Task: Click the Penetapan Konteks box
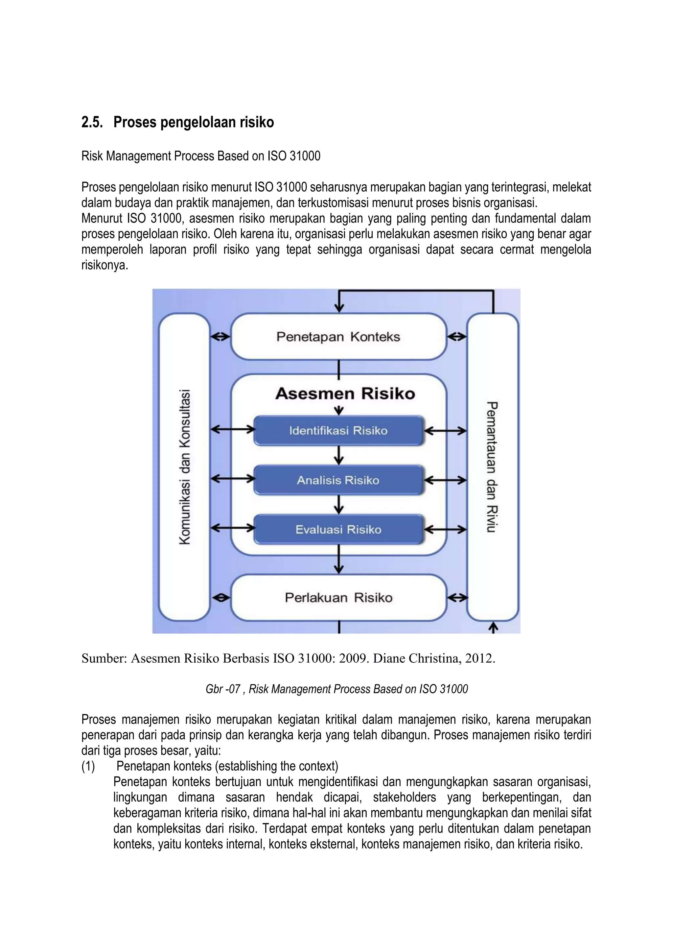click(338, 337)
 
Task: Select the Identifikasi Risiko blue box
click(338, 431)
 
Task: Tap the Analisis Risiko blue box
click(338, 480)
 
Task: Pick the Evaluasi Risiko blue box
click(338, 530)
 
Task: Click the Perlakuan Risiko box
click(338, 598)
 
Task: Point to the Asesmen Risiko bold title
click(345, 393)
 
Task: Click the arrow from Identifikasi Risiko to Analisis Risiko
click(339, 455)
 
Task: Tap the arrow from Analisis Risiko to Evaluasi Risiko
click(339, 505)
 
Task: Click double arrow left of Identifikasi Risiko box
click(232, 430)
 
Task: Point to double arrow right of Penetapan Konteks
click(457, 337)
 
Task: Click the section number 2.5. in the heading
click(92, 122)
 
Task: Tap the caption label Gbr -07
click(223, 689)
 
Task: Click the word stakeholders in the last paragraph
click(404, 797)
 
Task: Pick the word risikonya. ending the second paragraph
click(104, 265)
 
